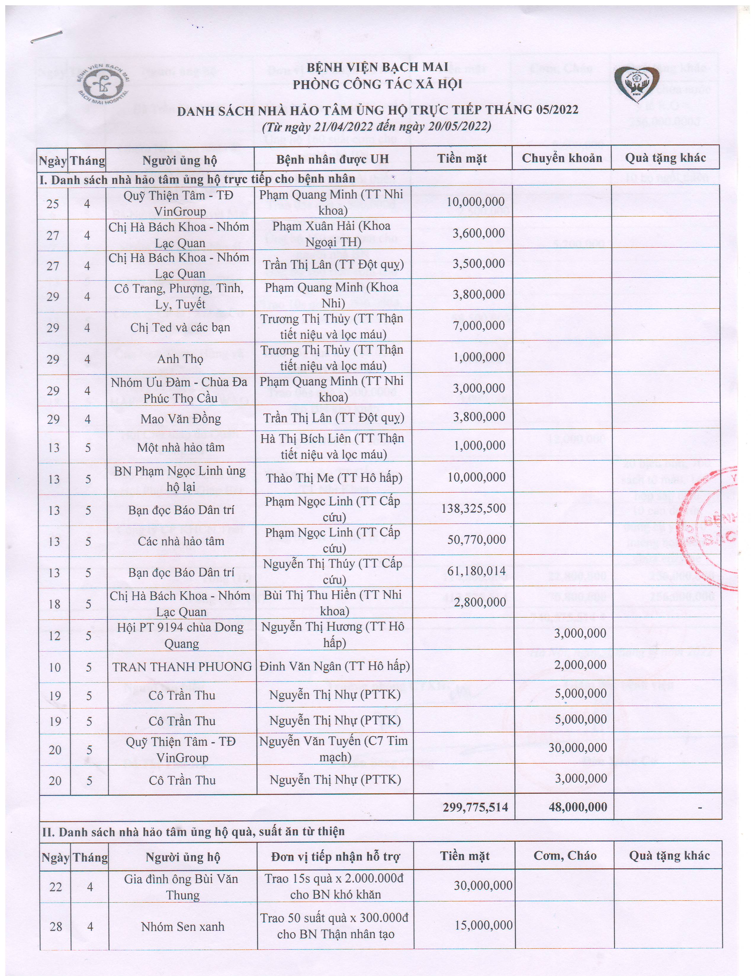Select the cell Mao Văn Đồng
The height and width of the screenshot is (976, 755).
point(181,419)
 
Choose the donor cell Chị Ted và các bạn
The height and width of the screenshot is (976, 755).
point(180,328)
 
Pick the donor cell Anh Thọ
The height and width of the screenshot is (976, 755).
point(180,359)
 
